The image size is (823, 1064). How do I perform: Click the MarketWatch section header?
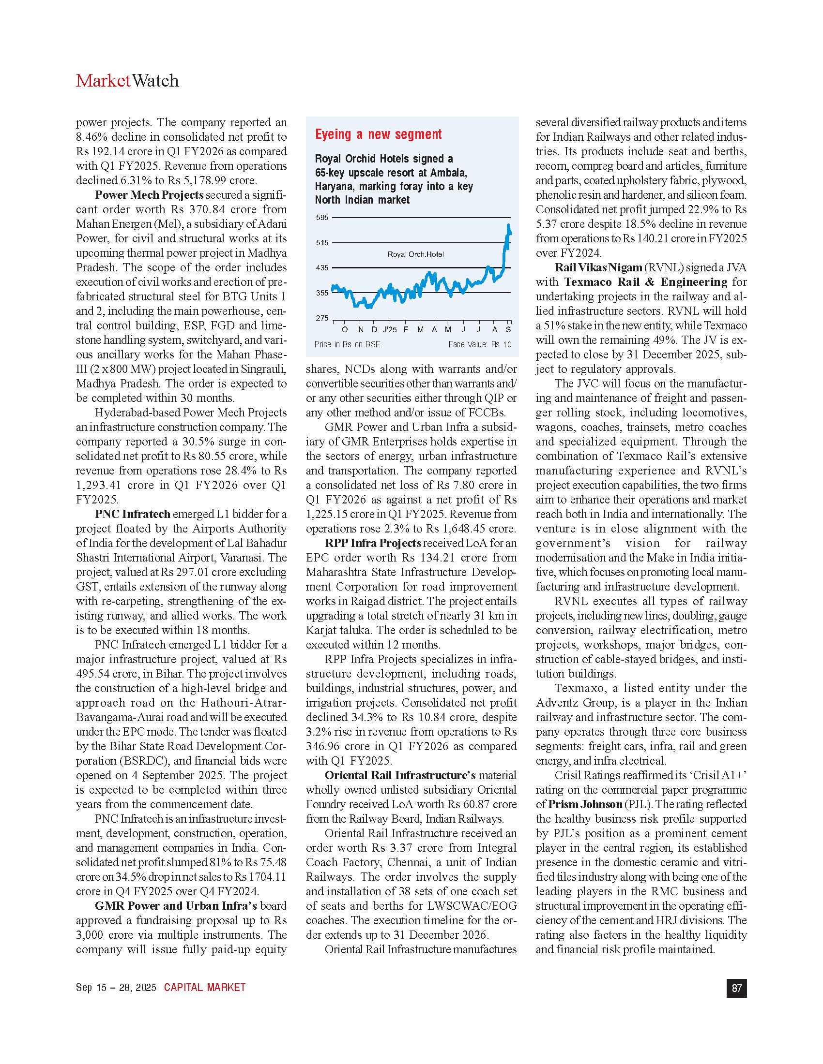[x=127, y=81]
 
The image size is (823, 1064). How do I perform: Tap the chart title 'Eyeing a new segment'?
[x=379, y=134]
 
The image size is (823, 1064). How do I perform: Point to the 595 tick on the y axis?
[x=322, y=218]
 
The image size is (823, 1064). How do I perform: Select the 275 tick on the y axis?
[x=322, y=318]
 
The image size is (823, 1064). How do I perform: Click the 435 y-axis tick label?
[x=322, y=268]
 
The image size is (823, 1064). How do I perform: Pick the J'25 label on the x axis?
[x=390, y=330]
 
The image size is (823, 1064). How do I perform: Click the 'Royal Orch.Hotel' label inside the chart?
[x=415, y=254]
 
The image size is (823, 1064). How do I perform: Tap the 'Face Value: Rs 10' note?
[x=480, y=344]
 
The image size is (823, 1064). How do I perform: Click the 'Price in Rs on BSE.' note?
[x=348, y=344]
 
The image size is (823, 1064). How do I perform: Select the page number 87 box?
[x=737, y=988]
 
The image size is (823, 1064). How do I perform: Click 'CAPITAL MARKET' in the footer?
[x=205, y=988]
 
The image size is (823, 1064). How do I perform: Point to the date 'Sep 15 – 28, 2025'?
[x=116, y=988]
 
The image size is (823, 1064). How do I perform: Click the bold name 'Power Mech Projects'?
[x=149, y=195]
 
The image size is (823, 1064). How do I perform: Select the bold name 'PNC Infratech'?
[x=133, y=514]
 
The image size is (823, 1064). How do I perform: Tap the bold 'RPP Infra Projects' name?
[x=373, y=543]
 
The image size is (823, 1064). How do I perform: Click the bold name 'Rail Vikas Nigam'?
[x=598, y=267]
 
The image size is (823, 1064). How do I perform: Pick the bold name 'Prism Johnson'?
[x=585, y=804]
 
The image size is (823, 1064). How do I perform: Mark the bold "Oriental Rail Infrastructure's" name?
[x=400, y=775]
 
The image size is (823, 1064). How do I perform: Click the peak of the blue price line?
[x=508, y=225]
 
